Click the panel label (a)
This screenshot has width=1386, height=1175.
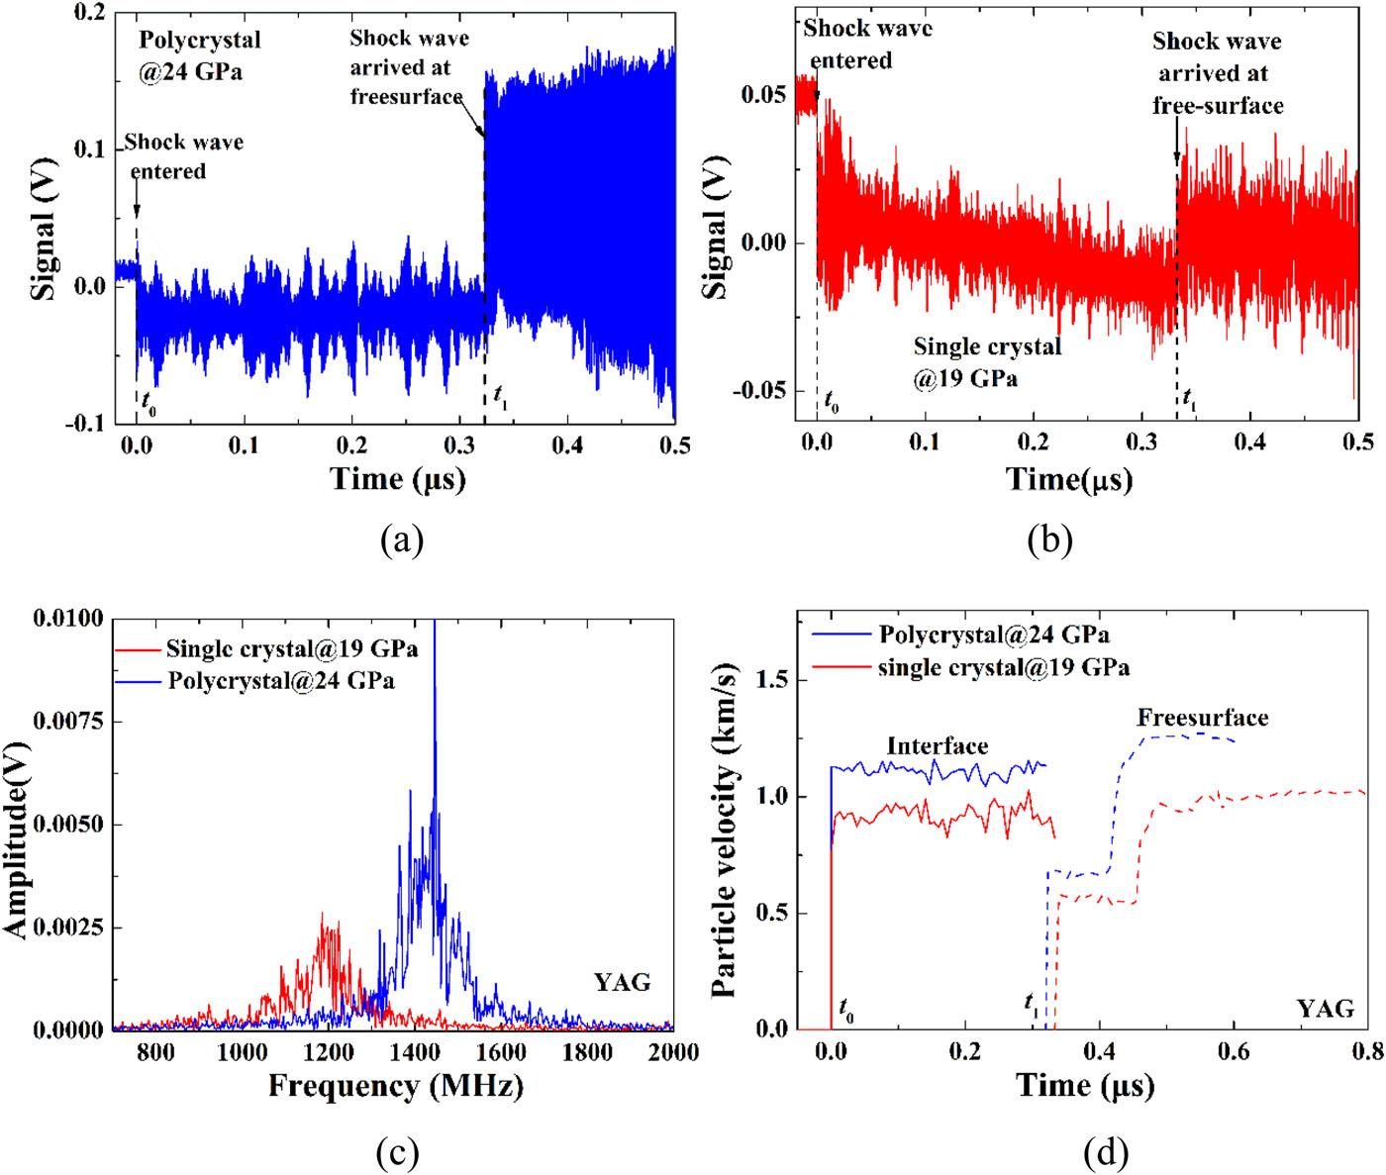401,540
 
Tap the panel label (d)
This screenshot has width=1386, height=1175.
1106,1153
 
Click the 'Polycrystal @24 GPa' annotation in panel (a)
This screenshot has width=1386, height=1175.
199,55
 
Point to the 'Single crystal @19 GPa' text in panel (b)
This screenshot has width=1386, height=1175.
986,362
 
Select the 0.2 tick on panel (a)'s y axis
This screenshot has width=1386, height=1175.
90,12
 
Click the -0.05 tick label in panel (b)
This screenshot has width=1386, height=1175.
761,391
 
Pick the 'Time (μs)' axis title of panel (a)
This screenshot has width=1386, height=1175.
397,479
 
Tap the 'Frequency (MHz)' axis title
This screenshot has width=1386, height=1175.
395,1086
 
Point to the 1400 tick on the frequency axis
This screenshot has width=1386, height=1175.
415,1051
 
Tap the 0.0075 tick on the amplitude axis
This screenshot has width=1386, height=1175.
67,722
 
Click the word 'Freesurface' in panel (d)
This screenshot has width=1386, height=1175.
1202,718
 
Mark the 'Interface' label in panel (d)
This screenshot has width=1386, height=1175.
937,746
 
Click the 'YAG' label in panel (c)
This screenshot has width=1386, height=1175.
622,982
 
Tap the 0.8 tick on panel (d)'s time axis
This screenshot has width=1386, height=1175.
1365,1050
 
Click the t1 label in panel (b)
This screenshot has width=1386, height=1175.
1189,399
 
